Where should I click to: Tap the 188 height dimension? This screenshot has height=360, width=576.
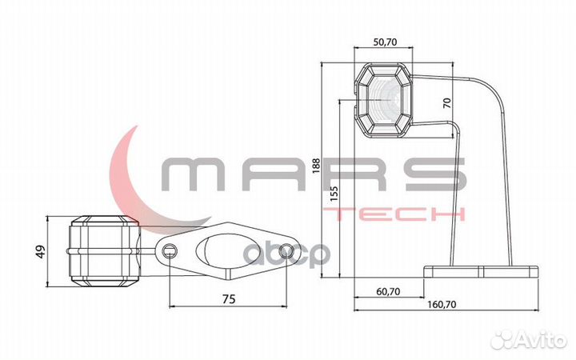click(x=317, y=165)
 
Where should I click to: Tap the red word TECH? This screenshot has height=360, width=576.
click(x=398, y=214)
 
